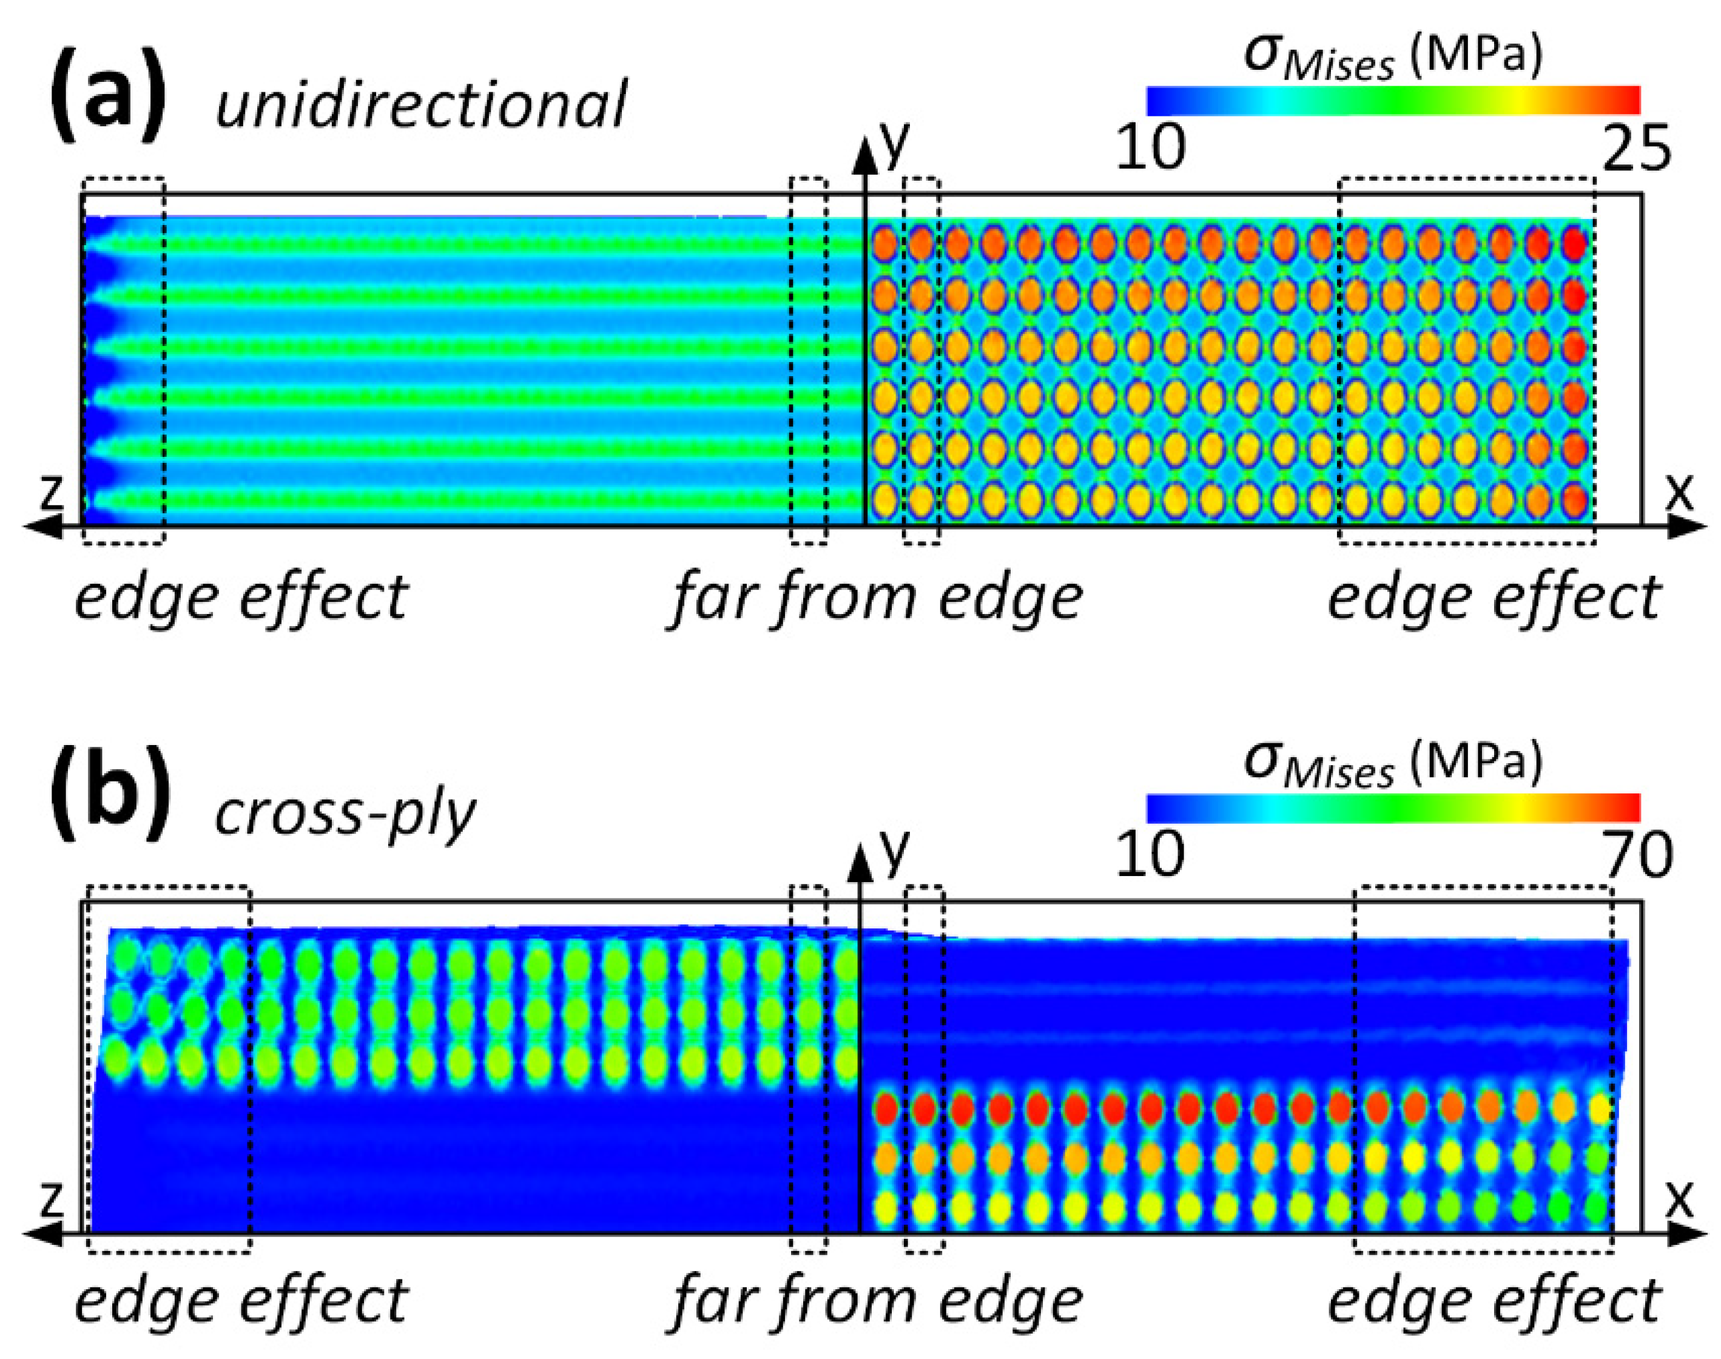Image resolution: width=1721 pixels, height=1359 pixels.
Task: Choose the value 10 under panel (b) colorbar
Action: [x=1151, y=855]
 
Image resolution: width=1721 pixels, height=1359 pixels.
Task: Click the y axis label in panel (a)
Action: [x=895, y=143]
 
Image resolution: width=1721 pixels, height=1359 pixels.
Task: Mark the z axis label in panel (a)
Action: [x=51, y=493]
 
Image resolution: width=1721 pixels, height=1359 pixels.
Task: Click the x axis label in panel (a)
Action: [x=1680, y=493]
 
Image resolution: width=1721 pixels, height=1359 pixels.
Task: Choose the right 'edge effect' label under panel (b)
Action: [x=1494, y=1303]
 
